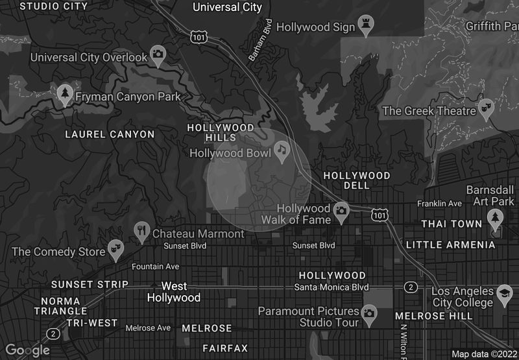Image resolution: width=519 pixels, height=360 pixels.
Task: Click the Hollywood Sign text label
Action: coord(316,27)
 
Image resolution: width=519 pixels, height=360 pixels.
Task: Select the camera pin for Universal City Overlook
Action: coord(158,54)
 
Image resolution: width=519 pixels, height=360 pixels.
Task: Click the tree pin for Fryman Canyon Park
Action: coord(64,94)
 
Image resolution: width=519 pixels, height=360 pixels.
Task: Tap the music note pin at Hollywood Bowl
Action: coord(281,150)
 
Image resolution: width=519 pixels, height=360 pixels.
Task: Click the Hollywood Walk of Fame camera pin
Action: coord(341,210)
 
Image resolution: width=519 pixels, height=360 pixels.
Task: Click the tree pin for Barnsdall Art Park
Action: coord(496,216)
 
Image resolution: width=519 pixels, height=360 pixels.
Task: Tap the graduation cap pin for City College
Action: coord(505,293)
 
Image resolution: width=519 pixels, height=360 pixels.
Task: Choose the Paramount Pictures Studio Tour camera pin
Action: coord(369,313)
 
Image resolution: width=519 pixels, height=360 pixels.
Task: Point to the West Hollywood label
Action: coord(173,292)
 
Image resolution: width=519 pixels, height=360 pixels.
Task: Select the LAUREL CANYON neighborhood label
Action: coord(110,134)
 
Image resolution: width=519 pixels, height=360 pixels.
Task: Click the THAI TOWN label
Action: coord(452,224)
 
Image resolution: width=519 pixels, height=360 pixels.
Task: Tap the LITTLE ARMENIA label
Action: coord(450,245)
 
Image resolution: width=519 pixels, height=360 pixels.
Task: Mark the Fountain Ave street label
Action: coord(154,267)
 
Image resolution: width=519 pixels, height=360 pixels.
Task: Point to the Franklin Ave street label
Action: coord(439,204)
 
